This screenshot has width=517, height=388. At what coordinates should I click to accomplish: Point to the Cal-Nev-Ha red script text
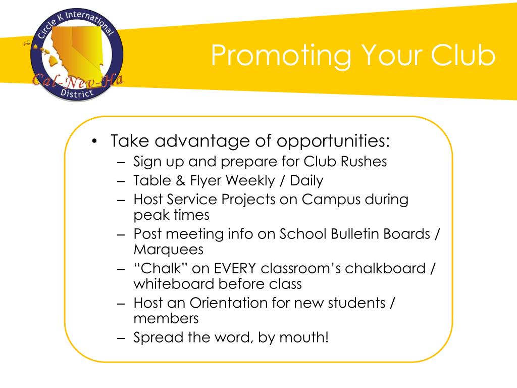(78, 80)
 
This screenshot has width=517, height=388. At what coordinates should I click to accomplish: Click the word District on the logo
(76, 93)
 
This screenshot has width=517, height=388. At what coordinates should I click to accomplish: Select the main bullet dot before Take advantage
(95, 141)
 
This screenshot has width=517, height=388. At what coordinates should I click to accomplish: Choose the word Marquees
(168, 250)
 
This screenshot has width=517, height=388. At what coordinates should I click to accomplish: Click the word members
(166, 319)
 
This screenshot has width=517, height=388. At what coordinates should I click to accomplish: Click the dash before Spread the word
(122, 337)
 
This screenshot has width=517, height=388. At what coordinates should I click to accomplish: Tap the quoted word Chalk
(161, 268)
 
